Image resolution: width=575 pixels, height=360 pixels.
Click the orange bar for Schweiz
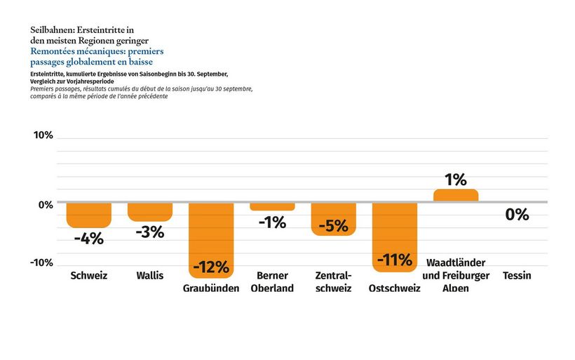click(x=89, y=215)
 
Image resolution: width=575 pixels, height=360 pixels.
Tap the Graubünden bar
click(x=211, y=232)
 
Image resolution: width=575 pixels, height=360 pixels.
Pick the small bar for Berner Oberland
click(x=272, y=207)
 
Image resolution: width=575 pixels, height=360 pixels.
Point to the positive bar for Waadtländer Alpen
click(x=456, y=195)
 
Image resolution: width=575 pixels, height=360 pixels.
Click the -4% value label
click(x=89, y=239)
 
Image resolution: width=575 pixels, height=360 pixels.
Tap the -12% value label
click(x=211, y=267)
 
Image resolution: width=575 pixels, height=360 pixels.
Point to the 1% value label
click(x=456, y=180)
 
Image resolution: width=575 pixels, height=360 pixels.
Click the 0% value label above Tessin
click(x=517, y=215)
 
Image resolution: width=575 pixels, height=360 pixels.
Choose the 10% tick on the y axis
click(x=43, y=135)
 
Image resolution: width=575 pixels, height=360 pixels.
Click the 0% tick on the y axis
click(x=46, y=205)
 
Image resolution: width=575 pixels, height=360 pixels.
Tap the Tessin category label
click(x=517, y=276)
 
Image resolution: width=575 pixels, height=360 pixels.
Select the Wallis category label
click(x=150, y=276)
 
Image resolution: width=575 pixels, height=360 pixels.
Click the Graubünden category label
click(x=211, y=288)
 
